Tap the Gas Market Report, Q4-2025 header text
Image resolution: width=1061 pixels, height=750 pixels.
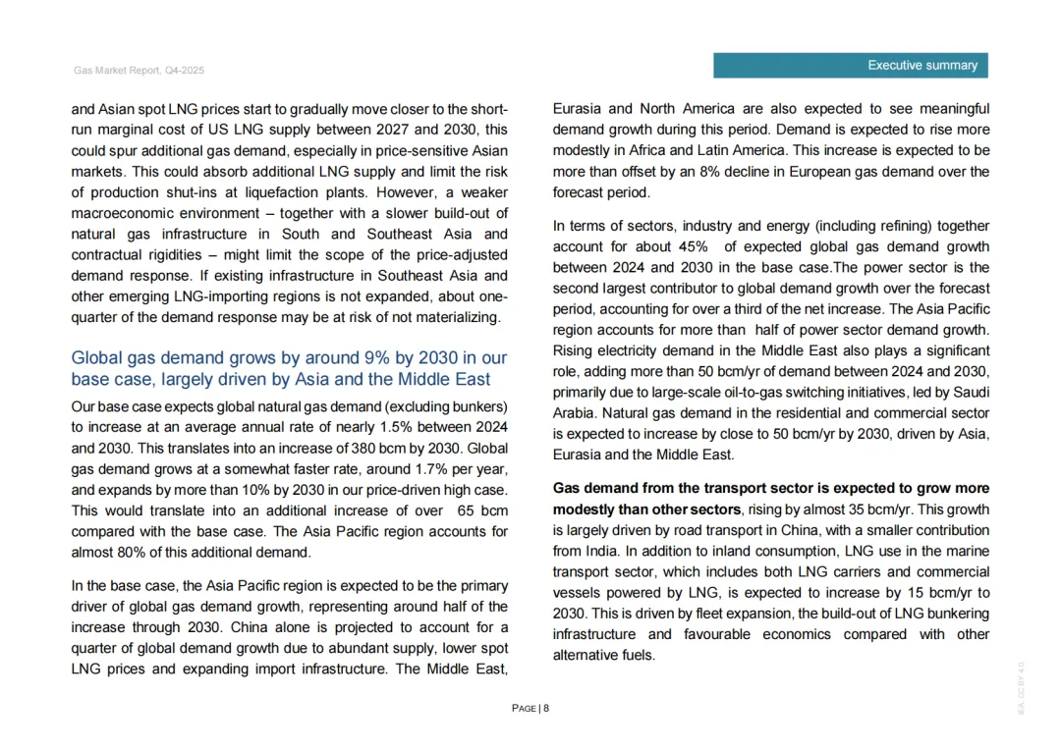click(139, 71)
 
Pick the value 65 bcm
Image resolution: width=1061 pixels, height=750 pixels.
click(483, 510)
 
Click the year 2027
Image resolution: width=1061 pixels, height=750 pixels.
click(385, 130)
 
